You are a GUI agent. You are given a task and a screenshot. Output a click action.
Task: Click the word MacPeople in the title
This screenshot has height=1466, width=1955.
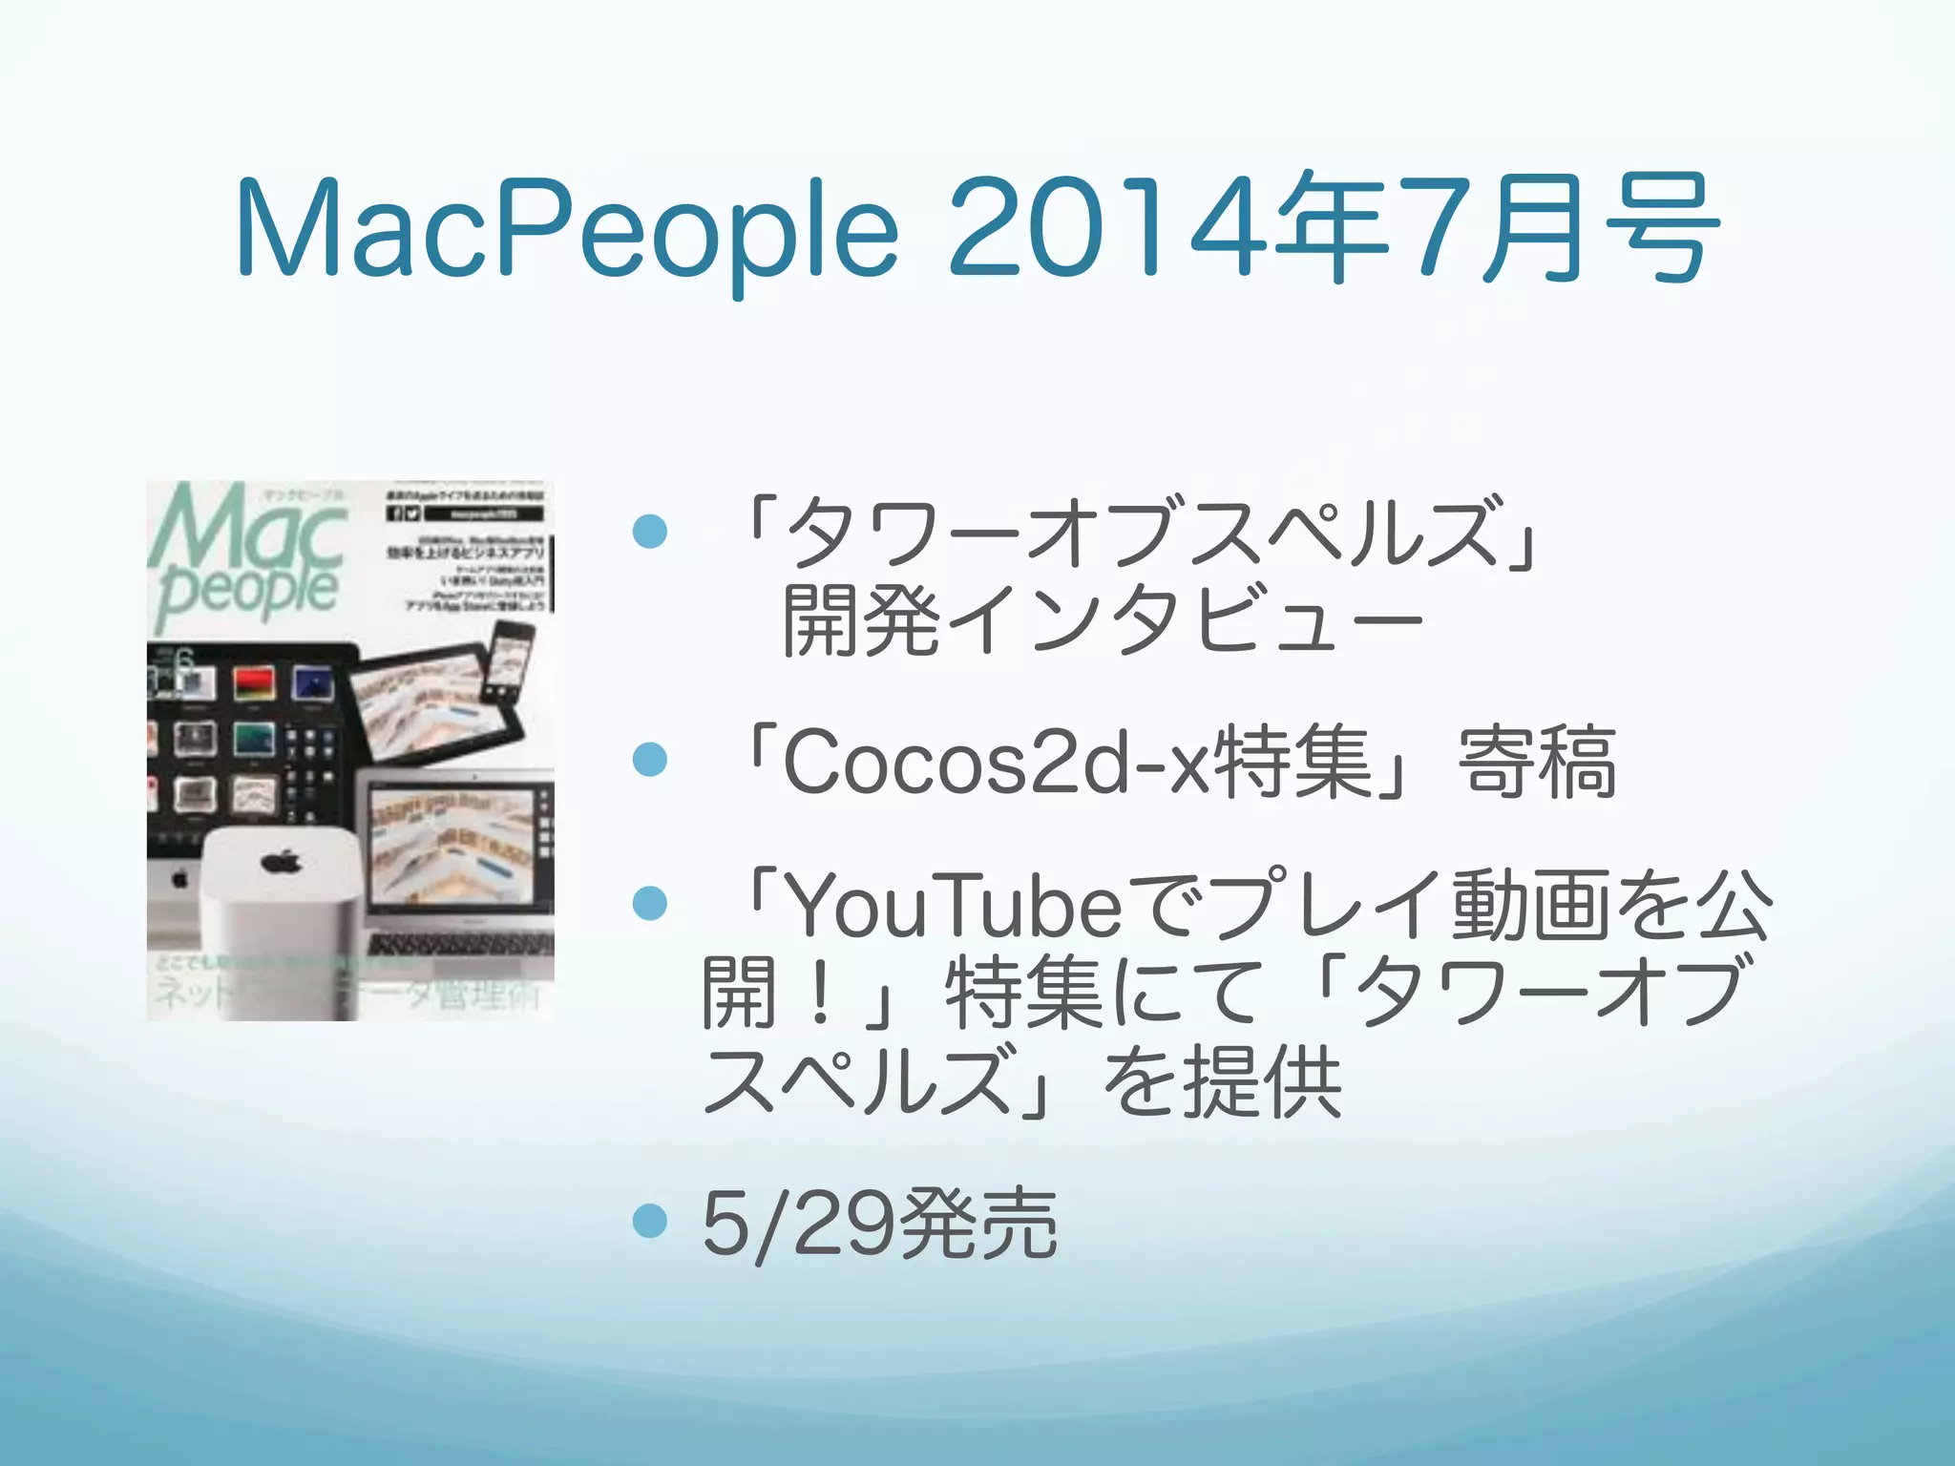coord(567,229)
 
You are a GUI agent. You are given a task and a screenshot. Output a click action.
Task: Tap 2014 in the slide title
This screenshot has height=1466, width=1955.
coord(1107,229)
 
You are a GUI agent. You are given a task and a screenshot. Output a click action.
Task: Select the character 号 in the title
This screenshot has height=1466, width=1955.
coord(1662,229)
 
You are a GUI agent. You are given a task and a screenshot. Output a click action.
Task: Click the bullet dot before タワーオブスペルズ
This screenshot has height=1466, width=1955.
coord(650,531)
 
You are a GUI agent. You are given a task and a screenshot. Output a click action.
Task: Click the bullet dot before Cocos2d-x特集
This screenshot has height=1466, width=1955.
coord(650,760)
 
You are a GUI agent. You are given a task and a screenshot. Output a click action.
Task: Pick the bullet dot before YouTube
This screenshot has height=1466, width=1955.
coord(650,903)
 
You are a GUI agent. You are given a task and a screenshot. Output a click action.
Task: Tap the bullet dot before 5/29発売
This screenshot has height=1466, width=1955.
coord(650,1220)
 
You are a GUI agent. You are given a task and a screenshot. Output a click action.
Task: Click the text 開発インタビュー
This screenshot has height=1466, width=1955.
coord(1103,620)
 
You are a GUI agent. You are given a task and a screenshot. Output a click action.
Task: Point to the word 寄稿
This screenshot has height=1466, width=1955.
coord(1537,762)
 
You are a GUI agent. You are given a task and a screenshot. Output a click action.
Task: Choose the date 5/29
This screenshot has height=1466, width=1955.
coord(798,1224)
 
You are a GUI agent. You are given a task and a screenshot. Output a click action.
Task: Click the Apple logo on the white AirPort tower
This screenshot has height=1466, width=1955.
coord(282,862)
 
